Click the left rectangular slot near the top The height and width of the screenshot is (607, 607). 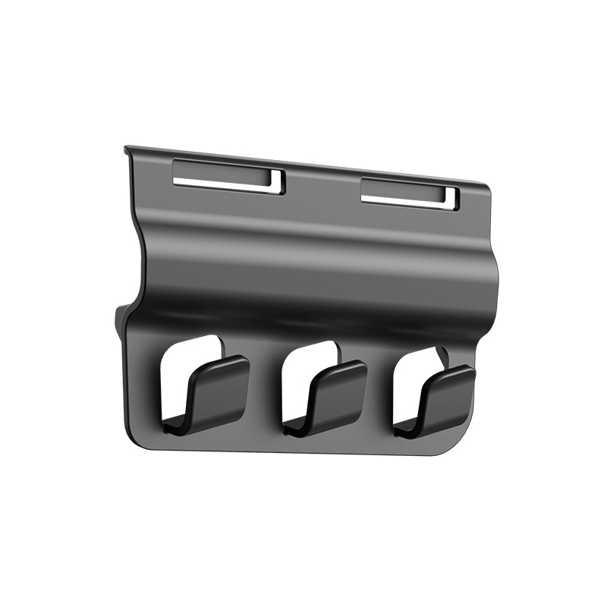(x=228, y=178)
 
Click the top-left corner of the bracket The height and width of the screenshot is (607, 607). (x=127, y=149)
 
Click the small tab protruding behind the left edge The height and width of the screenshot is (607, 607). (x=120, y=319)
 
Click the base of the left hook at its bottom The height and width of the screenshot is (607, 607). (x=182, y=425)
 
